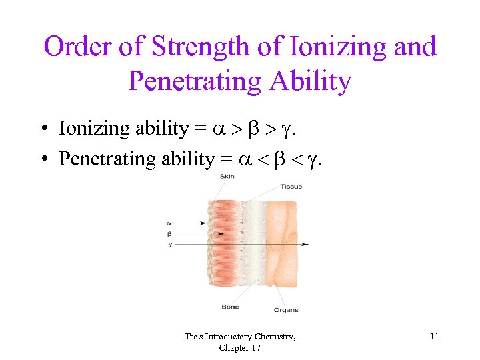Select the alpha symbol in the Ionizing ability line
coord(221,129)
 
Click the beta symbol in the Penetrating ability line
coord(273,159)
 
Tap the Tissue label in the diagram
coord(291,186)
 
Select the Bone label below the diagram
coord(230,307)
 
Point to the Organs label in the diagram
coord(285,310)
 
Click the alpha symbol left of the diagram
coord(169,223)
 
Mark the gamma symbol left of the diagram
coord(169,245)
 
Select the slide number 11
coord(434,337)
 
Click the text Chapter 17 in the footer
coord(240,347)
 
